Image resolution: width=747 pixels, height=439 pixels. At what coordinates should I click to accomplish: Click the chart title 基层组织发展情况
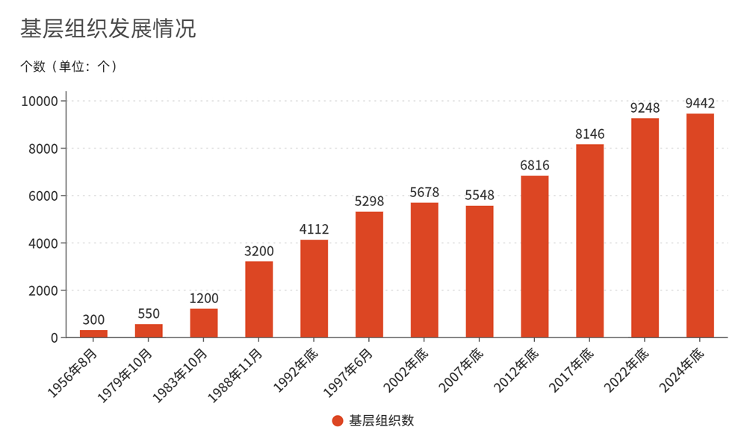pyautogui.click(x=108, y=29)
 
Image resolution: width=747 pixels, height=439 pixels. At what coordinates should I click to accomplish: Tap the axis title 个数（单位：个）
pyautogui.click(x=69, y=66)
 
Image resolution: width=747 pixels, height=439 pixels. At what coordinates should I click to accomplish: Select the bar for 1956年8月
pyautogui.click(x=93, y=333)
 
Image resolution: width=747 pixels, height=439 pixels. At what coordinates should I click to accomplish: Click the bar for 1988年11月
pyautogui.click(x=259, y=299)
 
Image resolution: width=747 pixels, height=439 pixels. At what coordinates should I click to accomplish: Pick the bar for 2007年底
pyautogui.click(x=480, y=272)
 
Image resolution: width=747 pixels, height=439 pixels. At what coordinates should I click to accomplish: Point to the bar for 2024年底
pyautogui.click(x=700, y=225)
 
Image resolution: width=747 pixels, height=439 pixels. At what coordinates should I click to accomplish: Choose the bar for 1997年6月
pyautogui.click(x=369, y=275)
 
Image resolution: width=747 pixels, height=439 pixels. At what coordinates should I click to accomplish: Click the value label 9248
pyautogui.click(x=645, y=108)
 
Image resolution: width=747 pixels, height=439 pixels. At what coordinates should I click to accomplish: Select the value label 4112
pyautogui.click(x=314, y=229)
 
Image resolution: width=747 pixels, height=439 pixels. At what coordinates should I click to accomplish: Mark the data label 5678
pyautogui.click(x=424, y=193)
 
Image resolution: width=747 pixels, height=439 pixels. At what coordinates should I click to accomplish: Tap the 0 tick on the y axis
pyautogui.click(x=55, y=337)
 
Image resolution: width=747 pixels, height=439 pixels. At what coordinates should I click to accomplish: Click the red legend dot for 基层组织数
pyautogui.click(x=338, y=421)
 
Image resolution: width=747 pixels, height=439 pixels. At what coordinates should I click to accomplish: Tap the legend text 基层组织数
pyautogui.click(x=382, y=421)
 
